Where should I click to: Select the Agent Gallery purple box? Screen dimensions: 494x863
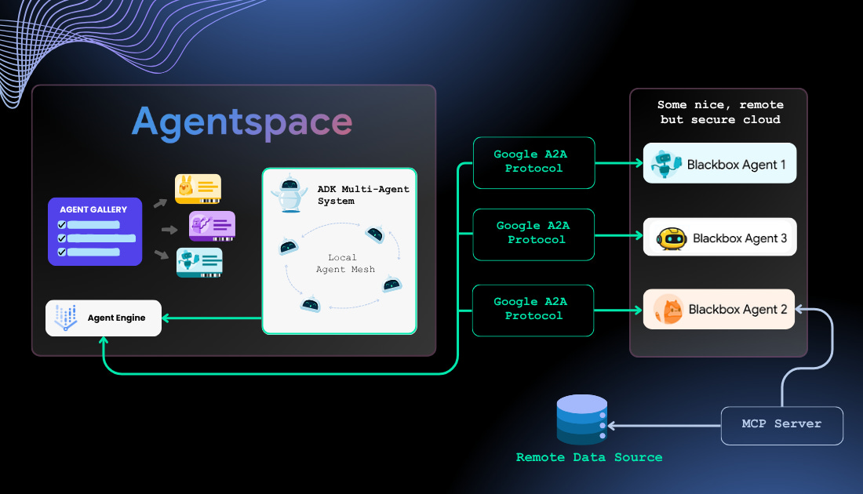[x=95, y=231]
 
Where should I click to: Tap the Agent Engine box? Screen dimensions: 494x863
[x=104, y=318]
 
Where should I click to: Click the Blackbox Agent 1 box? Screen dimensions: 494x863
[x=719, y=164]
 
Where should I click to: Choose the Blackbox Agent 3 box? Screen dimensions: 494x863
[x=719, y=238]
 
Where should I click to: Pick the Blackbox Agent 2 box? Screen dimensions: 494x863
[x=719, y=309]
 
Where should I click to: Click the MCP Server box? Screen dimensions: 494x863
[x=781, y=425]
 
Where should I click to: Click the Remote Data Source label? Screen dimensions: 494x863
[x=588, y=457]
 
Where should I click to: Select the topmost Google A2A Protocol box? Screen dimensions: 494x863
[x=533, y=162]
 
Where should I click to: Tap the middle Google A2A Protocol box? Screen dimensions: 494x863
[x=533, y=233]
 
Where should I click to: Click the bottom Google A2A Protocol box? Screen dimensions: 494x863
[x=533, y=309]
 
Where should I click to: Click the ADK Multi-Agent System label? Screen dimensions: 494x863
[x=363, y=195]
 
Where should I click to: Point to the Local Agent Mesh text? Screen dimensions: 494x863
[x=343, y=263]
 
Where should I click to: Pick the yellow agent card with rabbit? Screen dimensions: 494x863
[x=198, y=189]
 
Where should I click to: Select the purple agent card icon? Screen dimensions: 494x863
[x=212, y=226]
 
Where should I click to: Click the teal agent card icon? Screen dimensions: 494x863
[x=199, y=263]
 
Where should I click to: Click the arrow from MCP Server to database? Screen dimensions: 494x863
[x=663, y=426]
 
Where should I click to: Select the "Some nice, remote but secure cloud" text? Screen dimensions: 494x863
[x=719, y=112]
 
